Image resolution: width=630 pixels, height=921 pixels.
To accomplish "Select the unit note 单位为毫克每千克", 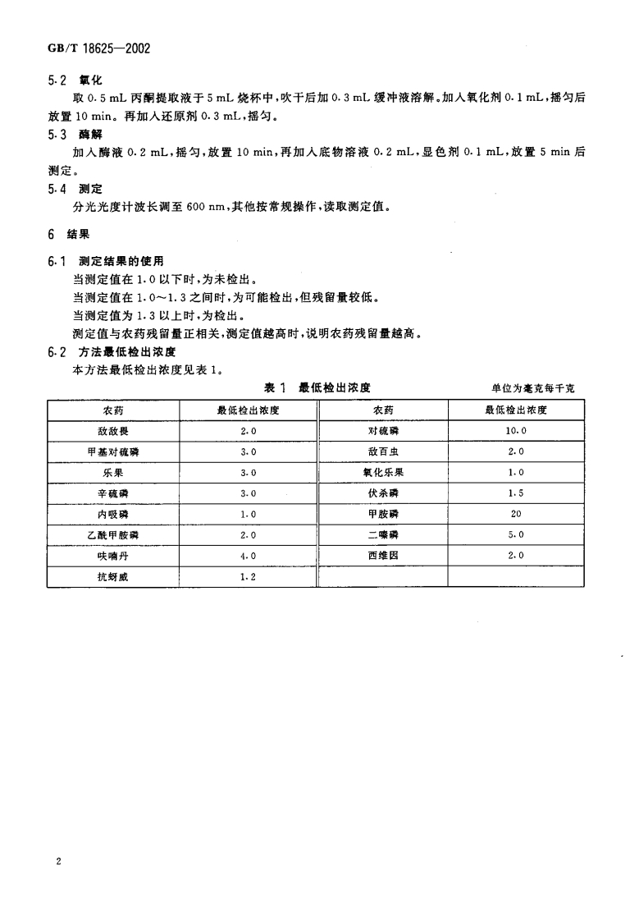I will (532, 388).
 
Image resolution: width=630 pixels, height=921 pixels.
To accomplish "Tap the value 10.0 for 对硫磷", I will (516, 431).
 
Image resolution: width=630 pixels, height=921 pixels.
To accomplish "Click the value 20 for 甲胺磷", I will (516, 515).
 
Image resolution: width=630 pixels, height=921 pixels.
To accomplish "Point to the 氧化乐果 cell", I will (383, 473).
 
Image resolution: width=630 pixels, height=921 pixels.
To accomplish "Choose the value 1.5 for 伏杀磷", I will (516, 493).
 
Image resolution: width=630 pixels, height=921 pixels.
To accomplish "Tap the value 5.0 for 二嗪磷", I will (516, 535).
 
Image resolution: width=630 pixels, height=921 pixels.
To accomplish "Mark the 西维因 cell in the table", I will (383, 557).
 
